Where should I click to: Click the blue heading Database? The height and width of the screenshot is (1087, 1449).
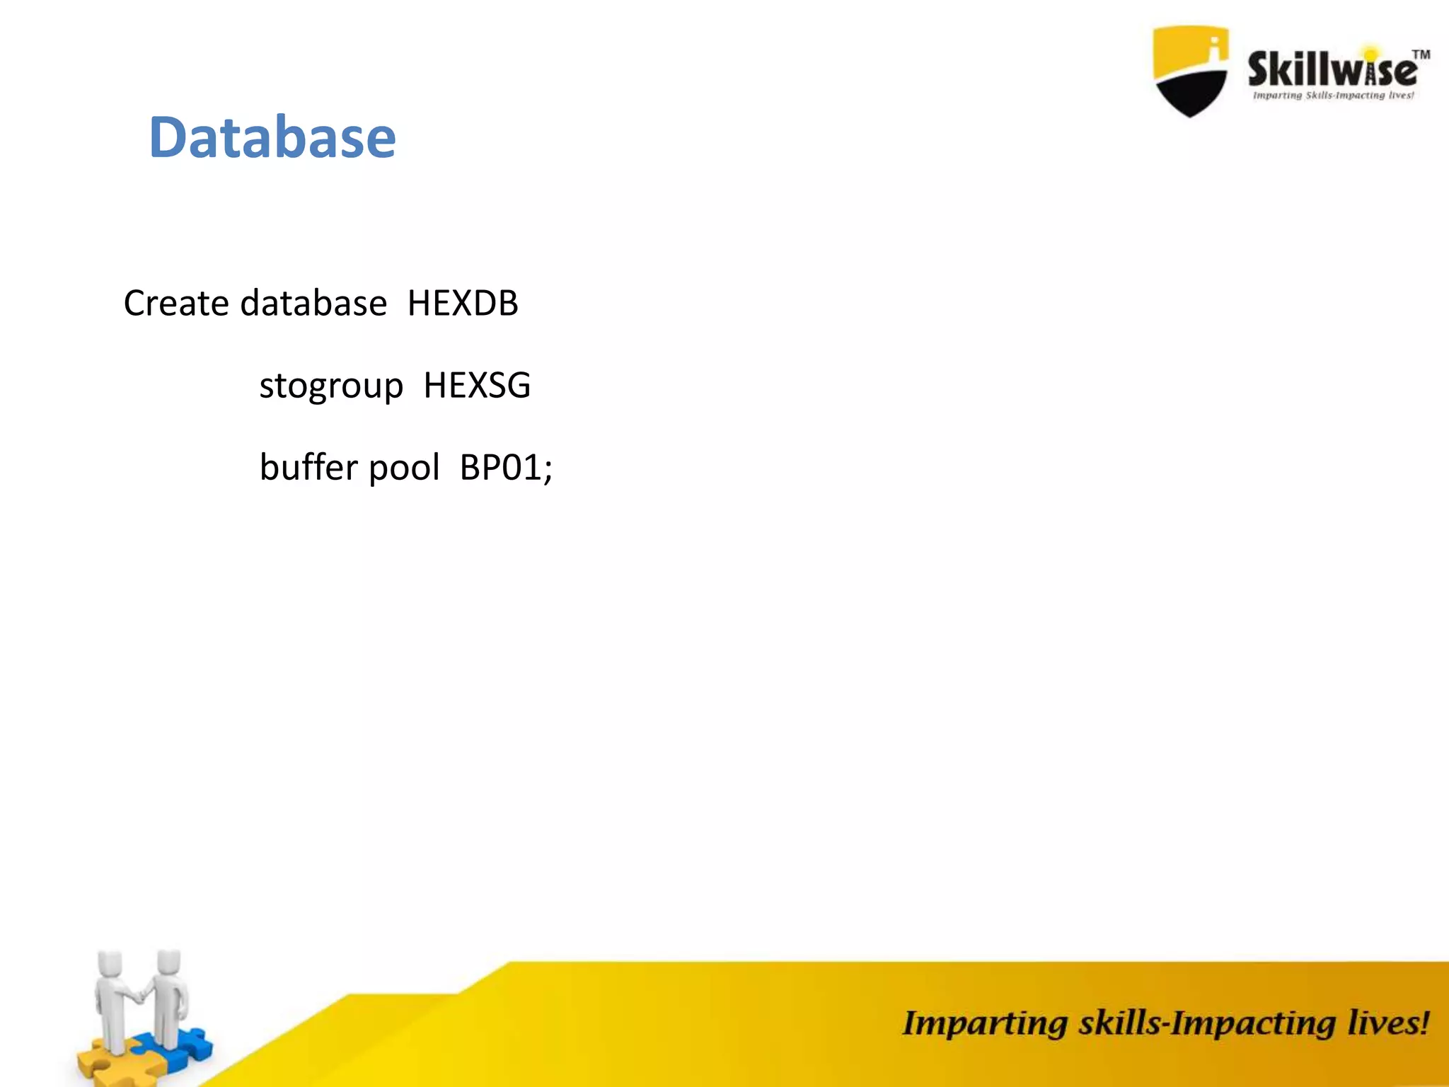tap(272, 137)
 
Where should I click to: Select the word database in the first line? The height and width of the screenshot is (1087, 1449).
tap(313, 304)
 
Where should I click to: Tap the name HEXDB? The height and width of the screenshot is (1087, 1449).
tap(463, 304)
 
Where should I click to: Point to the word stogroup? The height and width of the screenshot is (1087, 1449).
tap(331, 386)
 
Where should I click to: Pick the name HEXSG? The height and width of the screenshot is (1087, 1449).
tap(477, 386)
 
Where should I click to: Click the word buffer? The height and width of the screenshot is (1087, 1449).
tap(309, 468)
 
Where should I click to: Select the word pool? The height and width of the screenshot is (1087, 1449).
tap(404, 468)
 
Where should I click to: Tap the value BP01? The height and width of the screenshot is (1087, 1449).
tap(506, 468)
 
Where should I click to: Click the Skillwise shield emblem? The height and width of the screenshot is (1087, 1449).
tap(1190, 71)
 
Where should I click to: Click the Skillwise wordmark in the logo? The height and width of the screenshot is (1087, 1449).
tap(1332, 69)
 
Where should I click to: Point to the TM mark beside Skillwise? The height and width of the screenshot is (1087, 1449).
tap(1421, 54)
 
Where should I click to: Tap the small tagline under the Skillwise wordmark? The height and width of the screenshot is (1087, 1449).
tap(1333, 96)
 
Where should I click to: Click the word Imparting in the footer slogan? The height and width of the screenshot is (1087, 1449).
tap(984, 1024)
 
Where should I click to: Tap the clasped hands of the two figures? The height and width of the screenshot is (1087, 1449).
tap(141, 996)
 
